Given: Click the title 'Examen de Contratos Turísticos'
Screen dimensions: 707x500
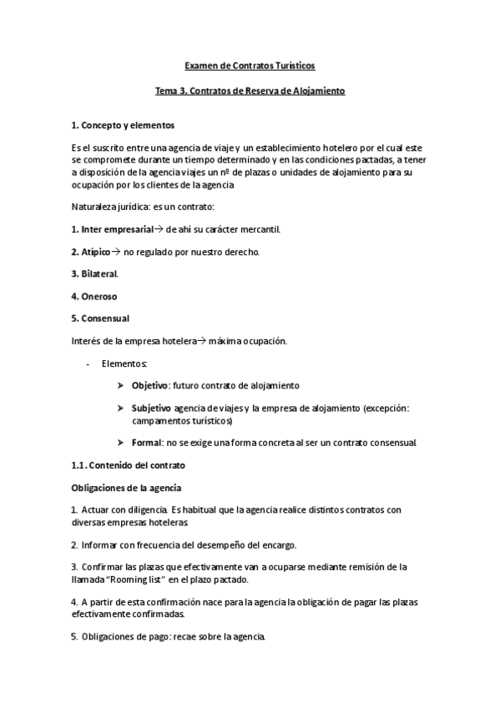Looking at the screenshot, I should coord(250,65).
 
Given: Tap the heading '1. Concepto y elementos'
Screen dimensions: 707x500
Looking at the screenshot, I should coord(123,125).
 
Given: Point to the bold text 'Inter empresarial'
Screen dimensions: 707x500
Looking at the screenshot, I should coord(117,228).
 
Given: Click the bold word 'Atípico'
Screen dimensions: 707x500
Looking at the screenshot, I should coord(95,251).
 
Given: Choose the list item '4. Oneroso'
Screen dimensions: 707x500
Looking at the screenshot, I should coord(94,296).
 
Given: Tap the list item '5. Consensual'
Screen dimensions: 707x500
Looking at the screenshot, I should coord(100,318).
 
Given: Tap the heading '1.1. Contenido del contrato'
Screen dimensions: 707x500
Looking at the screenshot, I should coord(129,464).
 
